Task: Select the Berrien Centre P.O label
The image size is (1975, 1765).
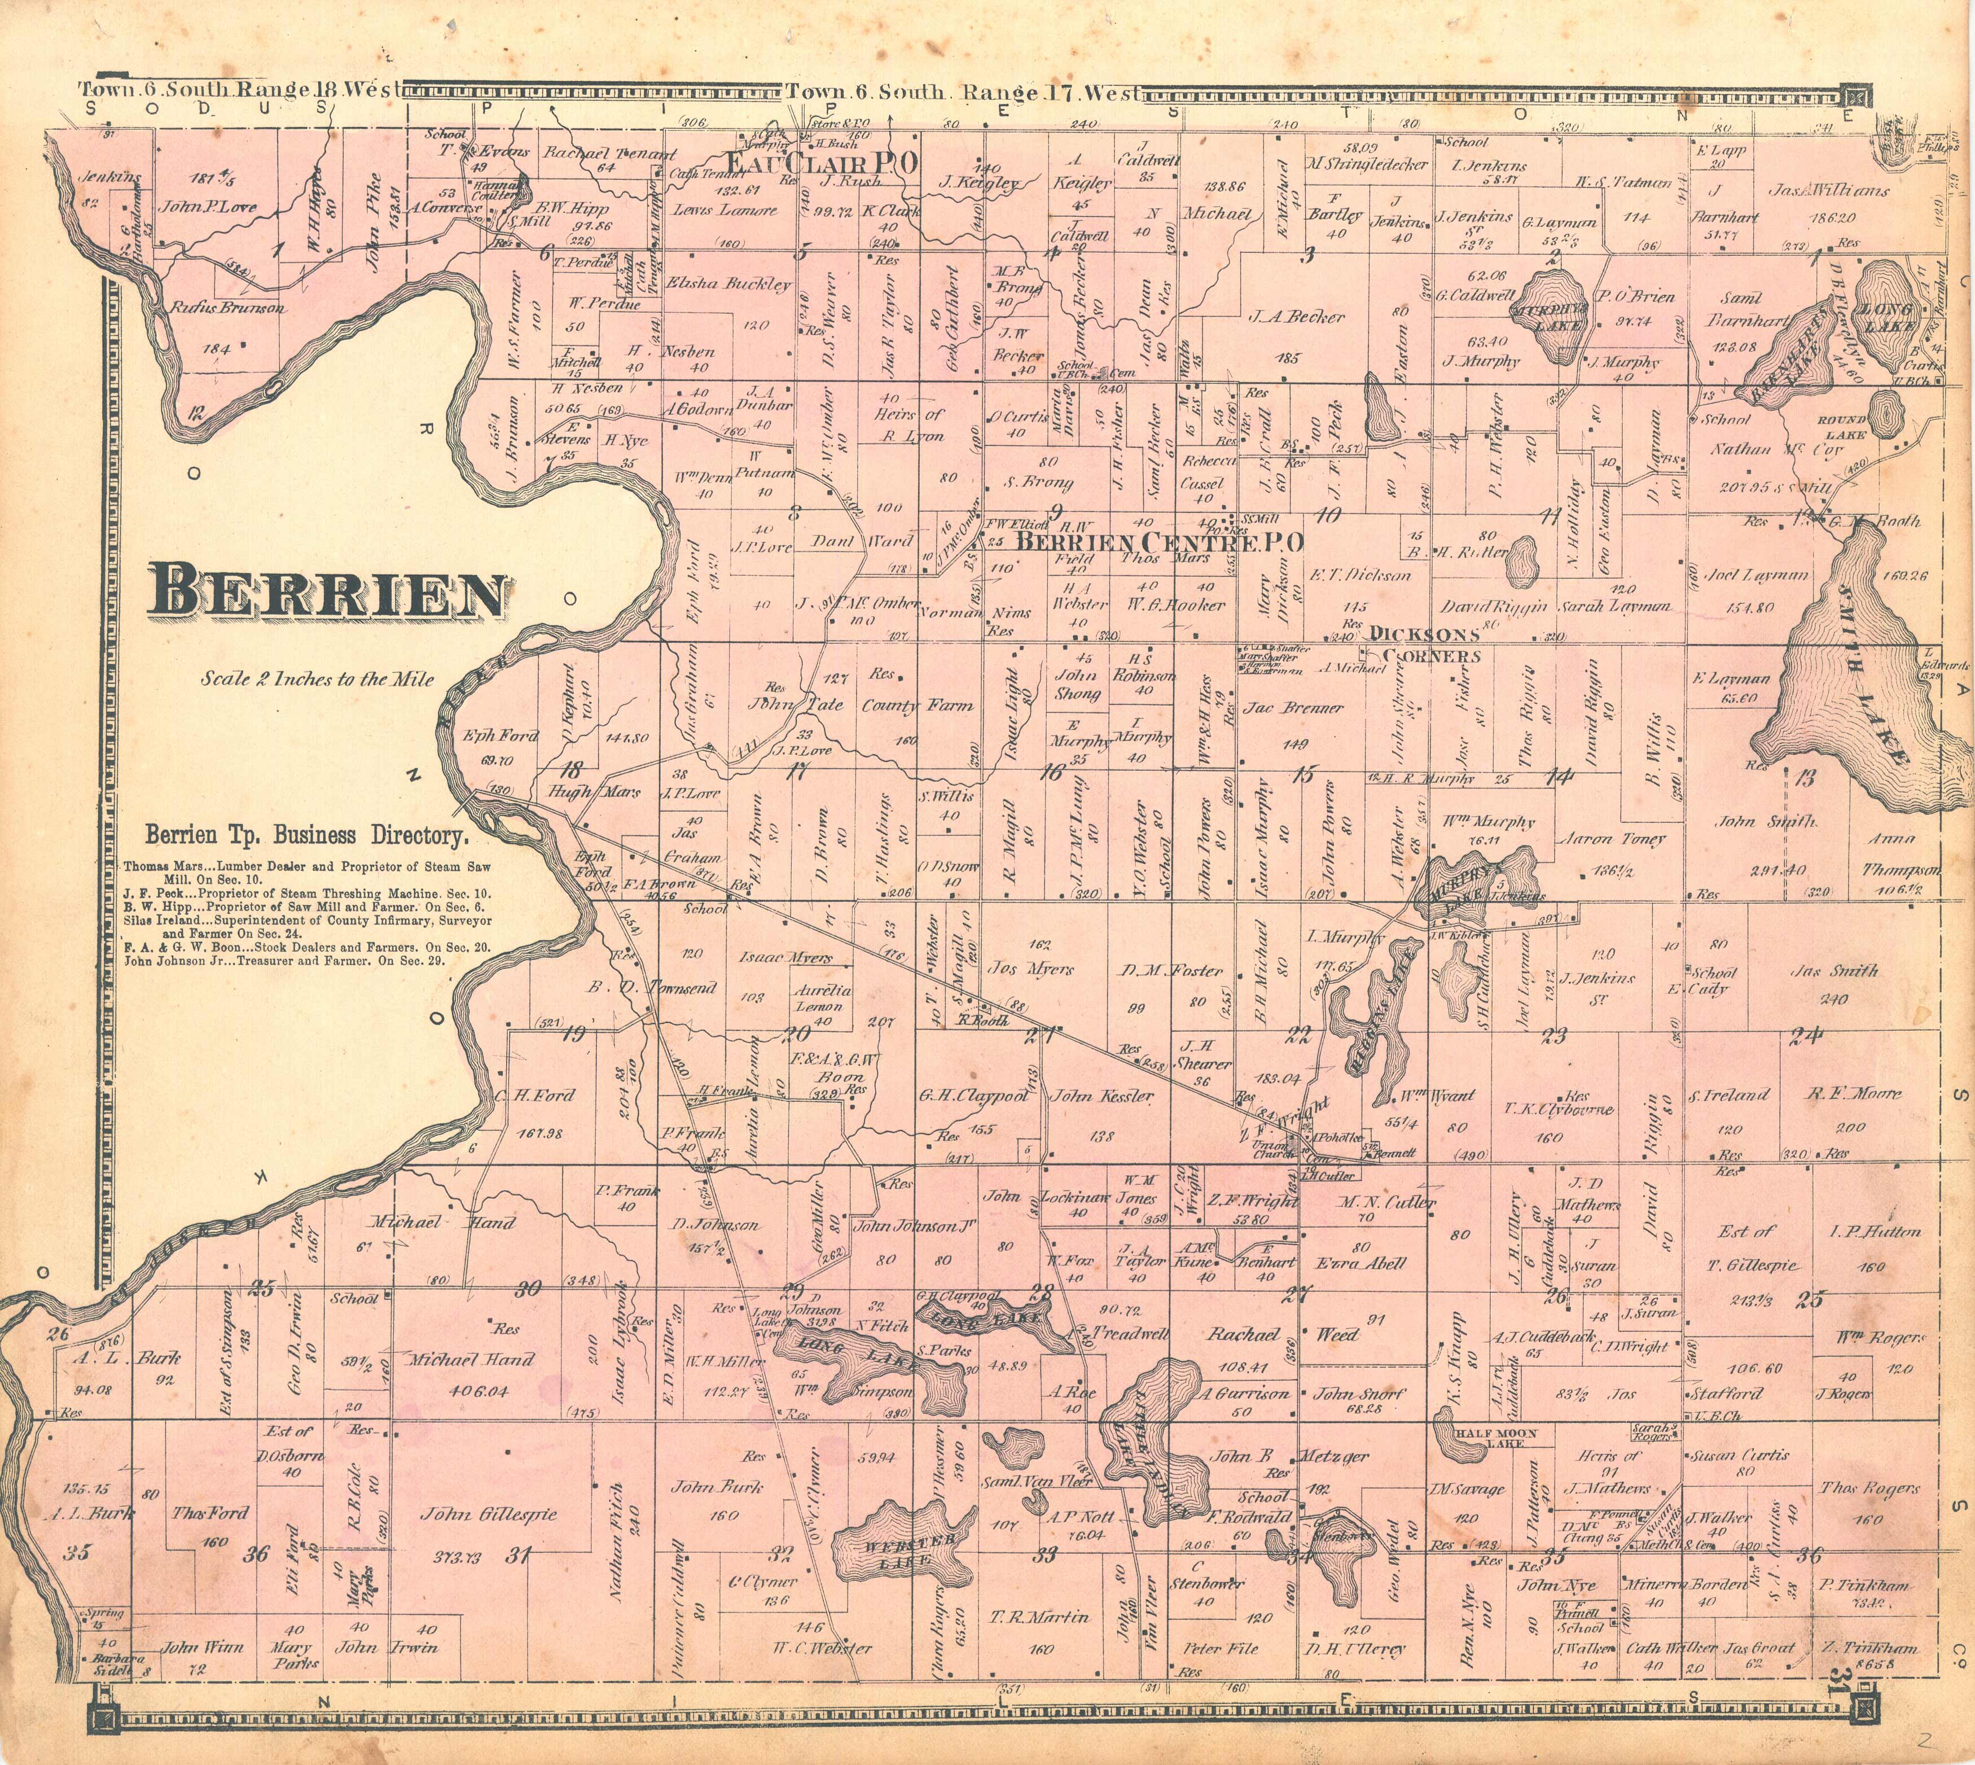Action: pyautogui.click(x=1158, y=541)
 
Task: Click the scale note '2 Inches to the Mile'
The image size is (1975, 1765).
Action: pyautogui.click(x=317, y=679)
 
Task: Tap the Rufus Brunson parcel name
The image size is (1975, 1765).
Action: pyautogui.click(x=228, y=308)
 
